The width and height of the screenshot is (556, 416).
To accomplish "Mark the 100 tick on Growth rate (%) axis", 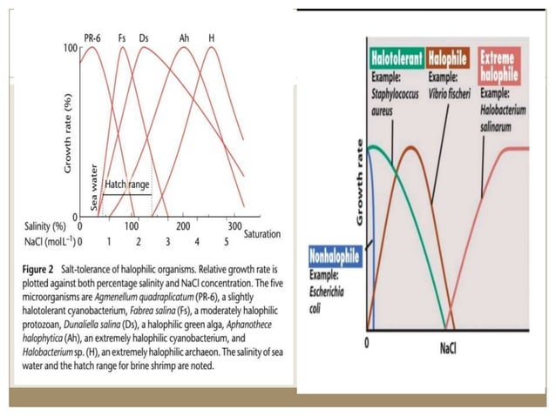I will click(x=71, y=46).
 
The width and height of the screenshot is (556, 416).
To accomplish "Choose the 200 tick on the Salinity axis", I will click(x=183, y=225).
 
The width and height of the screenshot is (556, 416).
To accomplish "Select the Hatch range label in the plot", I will click(x=127, y=185).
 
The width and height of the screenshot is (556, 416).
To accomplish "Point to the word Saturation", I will click(x=261, y=234).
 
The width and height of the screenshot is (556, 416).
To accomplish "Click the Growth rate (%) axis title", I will click(x=67, y=131).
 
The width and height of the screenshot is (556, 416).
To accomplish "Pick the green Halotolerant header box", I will click(x=397, y=61).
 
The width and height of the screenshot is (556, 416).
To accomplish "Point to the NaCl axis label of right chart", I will click(x=446, y=348).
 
